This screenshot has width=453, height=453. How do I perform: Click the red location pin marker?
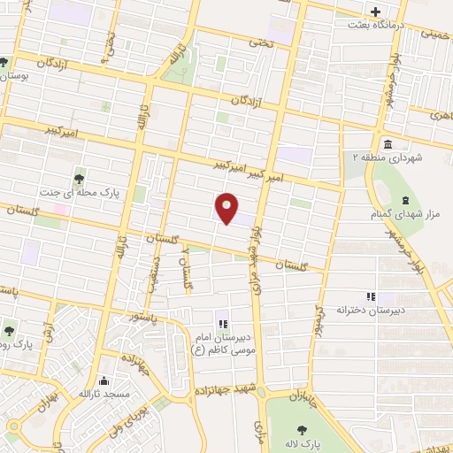point(226,206)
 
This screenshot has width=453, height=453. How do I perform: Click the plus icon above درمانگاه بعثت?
point(375,12)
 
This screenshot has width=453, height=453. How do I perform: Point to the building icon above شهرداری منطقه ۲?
point(388,144)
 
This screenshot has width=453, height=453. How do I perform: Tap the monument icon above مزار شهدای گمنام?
point(405,201)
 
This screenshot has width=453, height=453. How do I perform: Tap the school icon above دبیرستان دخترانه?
point(370,296)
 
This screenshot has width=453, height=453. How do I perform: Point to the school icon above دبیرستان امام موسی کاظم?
point(221,324)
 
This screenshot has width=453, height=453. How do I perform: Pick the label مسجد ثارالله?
point(104,393)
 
